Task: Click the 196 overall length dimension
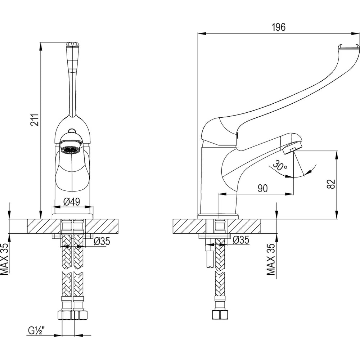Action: [278, 27]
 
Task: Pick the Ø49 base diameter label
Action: [72, 202]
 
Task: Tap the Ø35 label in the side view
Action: [241, 240]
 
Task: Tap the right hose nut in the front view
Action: [80, 315]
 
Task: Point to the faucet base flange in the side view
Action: [218, 216]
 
